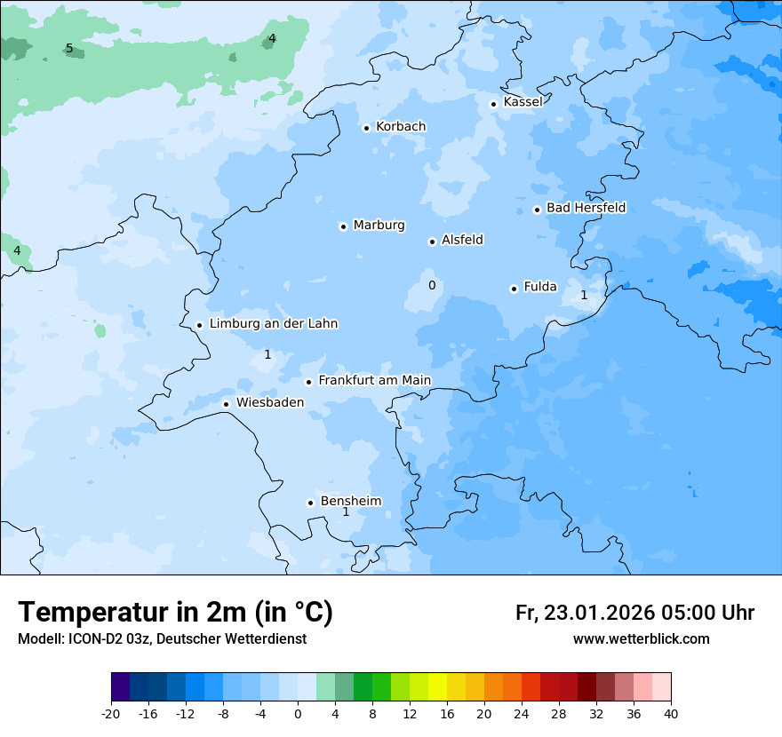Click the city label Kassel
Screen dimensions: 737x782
523,102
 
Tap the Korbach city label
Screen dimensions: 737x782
401,127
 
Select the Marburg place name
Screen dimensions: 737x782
379,226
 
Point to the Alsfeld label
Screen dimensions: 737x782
462,240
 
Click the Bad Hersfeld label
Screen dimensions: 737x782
586,208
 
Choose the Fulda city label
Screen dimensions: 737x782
540,287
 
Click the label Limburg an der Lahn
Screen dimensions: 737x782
273,324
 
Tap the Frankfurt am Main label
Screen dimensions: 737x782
374,381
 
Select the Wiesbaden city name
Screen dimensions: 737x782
269,403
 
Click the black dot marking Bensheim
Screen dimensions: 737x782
310,503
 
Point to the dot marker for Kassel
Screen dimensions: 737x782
493,104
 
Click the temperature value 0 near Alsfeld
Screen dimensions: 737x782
432,285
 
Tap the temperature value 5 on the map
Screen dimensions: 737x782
69,48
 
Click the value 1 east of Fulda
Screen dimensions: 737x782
584,295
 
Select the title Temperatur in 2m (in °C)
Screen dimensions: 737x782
175,612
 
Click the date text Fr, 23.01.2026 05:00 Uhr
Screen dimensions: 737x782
634,613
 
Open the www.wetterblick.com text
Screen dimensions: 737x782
641,638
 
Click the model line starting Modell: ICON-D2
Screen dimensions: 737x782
162,638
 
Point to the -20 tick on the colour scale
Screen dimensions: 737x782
111,714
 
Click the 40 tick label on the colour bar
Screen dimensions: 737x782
671,714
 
